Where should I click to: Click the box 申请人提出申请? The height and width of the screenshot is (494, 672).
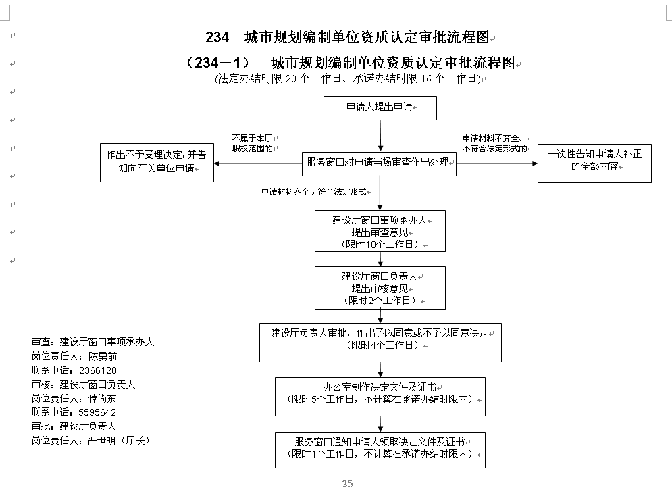pos(380,108)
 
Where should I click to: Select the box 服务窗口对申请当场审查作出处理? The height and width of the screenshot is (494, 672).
pos(379,164)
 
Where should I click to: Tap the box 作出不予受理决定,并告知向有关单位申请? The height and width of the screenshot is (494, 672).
pos(157,163)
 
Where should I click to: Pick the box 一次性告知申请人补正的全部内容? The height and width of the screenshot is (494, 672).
pos(594,164)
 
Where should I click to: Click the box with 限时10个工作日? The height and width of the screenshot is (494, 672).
pos(380,231)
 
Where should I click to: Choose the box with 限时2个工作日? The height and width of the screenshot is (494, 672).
pos(380,288)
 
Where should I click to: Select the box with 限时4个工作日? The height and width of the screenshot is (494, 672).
pos(380,343)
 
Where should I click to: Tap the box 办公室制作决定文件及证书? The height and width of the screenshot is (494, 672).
pos(380,397)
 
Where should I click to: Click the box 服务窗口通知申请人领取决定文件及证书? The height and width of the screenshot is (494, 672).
pos(380,450)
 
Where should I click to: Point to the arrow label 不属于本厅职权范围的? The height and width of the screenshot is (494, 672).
pos(253,143)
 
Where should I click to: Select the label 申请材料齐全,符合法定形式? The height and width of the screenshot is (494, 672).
pos(314,192)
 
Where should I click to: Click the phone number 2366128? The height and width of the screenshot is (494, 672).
pos(98,370)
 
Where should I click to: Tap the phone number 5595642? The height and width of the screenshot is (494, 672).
pos(97,412)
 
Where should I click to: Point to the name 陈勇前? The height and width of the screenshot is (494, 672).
pos(103,356)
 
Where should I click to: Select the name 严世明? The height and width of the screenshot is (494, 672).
pos(101,441)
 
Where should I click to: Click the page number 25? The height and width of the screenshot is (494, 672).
pos(348,484)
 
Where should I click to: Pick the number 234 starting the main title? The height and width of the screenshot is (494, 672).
pos(217,37)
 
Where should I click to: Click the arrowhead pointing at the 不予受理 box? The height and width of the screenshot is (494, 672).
pos(217,164)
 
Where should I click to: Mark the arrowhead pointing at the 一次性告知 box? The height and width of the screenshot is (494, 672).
pos(534,164)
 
